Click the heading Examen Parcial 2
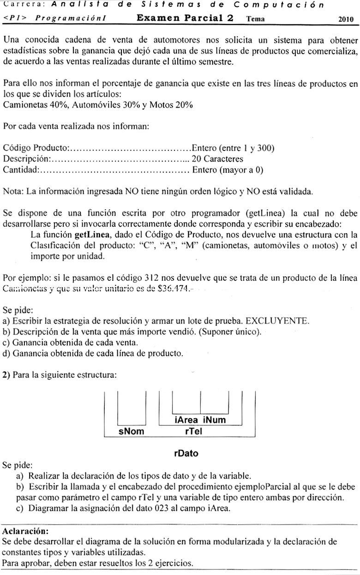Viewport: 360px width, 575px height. point(185,18)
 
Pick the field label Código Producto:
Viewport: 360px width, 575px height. point(36,148)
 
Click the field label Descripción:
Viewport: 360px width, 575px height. point(27,159)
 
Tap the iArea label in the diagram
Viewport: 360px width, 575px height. point(186,420)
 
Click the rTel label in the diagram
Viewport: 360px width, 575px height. point(192,431)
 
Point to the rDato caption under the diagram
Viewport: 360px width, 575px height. point(186,453)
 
